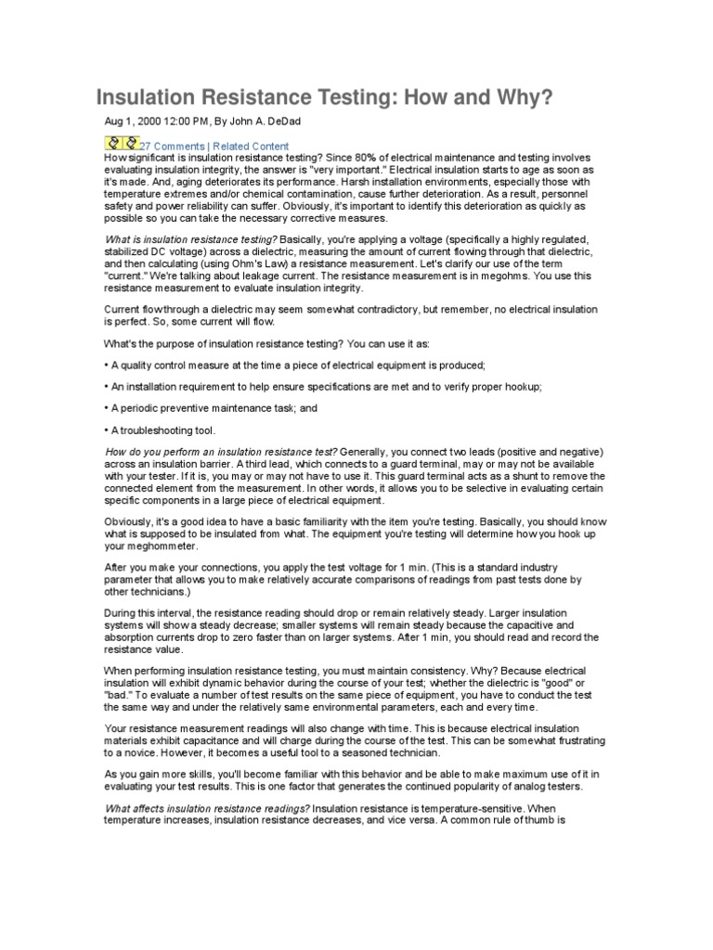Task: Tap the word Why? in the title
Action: (x=527, y=97)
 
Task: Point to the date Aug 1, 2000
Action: (x=134, y=122)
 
